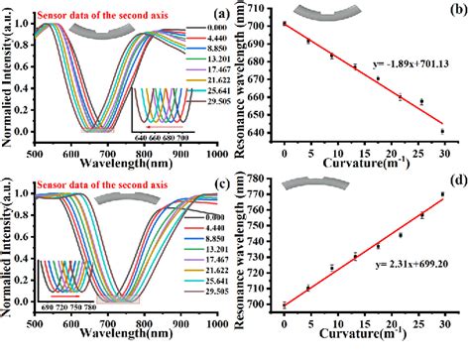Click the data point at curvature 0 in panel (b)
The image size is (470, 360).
[x=285, y=23]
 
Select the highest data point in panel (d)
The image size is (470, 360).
[x=442, y=194]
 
